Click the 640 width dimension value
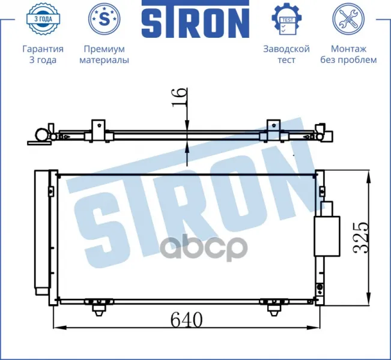[187, 320]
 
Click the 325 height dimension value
[360, 238]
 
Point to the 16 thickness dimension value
[180, 97]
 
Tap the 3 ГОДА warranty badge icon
[43, 19]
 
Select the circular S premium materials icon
[105, 19]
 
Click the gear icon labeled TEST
[286, 19]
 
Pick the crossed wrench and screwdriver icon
[348, 19]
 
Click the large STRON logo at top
[196, 19]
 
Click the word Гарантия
[43, 49]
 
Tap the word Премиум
[105, 49]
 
